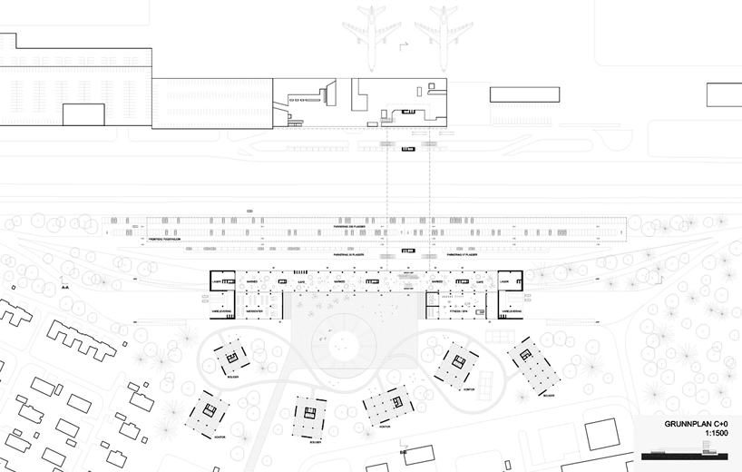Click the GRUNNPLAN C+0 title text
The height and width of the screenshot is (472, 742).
pyautogui.click(x=694, y=424)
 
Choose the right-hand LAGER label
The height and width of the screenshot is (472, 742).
pyautogui.click(x=504, y=282)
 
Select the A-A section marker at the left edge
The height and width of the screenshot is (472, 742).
pyautogui.click(x=64, y=286)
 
